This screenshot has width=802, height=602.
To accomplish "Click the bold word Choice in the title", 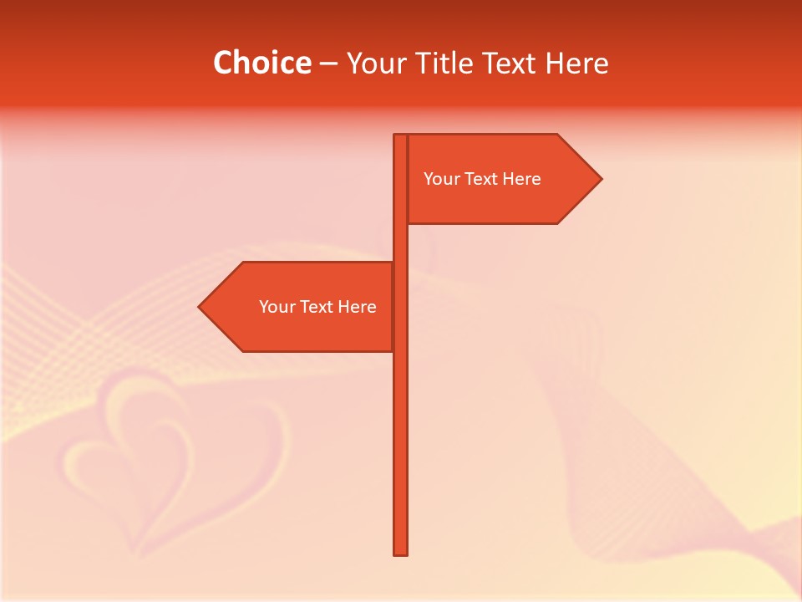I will coord(261,63).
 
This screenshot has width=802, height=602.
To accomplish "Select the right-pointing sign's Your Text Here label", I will coord(482,179).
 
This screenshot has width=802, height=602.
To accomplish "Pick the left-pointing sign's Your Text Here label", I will coord(317,307).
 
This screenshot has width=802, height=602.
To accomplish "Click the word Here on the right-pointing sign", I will coord(522,179).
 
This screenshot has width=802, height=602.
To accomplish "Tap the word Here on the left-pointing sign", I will coord(358,307).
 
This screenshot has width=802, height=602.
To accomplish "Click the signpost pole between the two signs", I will coord(400,242).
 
